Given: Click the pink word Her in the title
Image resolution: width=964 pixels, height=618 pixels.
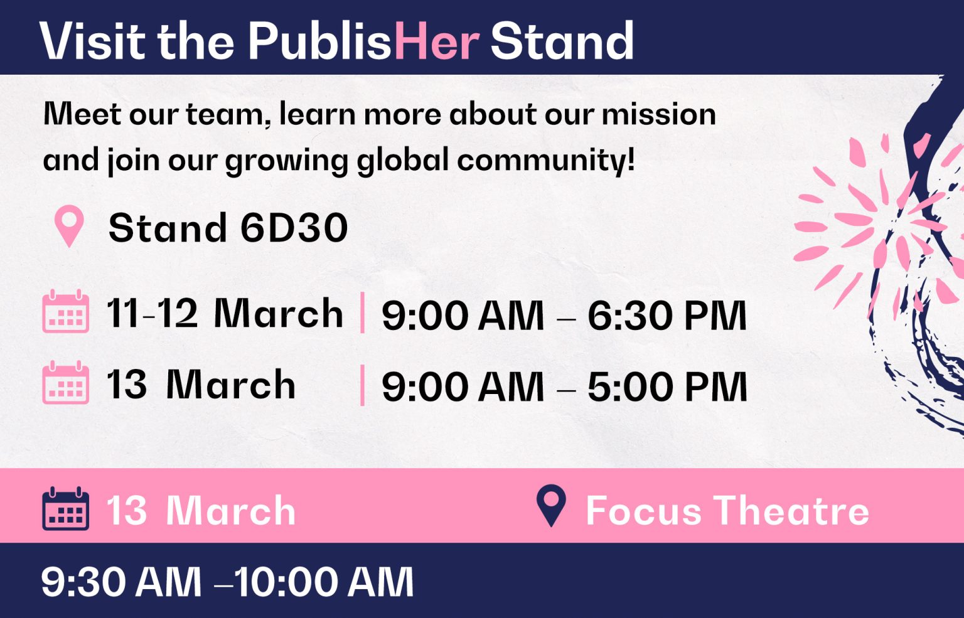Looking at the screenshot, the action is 437,41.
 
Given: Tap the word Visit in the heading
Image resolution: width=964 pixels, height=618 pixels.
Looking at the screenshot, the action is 92,41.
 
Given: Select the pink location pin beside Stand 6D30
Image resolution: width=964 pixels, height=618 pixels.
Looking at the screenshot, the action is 69,226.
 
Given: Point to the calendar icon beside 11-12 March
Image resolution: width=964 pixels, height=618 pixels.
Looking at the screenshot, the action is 65,311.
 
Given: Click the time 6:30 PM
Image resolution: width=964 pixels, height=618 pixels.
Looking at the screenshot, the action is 667,316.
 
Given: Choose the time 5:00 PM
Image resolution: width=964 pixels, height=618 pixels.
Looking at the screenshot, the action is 667,386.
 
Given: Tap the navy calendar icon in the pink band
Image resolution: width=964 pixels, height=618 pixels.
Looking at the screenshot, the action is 65,508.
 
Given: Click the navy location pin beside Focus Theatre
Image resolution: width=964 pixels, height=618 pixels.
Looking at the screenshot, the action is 551,505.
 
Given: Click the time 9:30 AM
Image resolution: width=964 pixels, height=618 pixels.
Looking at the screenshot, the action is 121,582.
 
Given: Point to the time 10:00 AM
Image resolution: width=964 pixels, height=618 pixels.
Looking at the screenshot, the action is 323,582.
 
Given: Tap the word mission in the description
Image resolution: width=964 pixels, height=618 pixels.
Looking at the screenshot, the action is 659,114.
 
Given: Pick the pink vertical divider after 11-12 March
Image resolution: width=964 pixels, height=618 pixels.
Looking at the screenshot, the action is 362,312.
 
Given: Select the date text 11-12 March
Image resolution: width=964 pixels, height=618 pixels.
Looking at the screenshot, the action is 225,313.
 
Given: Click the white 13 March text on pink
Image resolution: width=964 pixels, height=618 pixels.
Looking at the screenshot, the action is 201,511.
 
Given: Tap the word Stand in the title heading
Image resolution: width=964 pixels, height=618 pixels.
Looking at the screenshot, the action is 562,41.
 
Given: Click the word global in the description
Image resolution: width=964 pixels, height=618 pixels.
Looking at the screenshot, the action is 403,160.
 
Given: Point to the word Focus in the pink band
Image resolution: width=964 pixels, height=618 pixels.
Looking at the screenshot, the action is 644,511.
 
